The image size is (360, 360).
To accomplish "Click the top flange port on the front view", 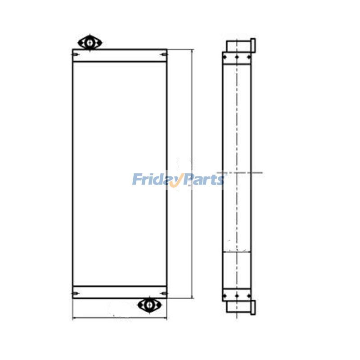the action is point(90,42).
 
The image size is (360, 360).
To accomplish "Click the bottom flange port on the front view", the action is point(149,305).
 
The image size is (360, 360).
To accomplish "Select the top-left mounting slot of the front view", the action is point(76,54).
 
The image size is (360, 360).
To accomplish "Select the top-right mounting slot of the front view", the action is point(164,54).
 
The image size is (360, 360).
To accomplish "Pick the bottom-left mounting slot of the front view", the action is point(76,293).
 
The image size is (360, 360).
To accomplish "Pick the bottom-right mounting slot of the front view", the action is point(164,293).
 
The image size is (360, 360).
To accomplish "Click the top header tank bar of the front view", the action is point(120,55).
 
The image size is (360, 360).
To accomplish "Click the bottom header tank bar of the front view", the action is point(120,292).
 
